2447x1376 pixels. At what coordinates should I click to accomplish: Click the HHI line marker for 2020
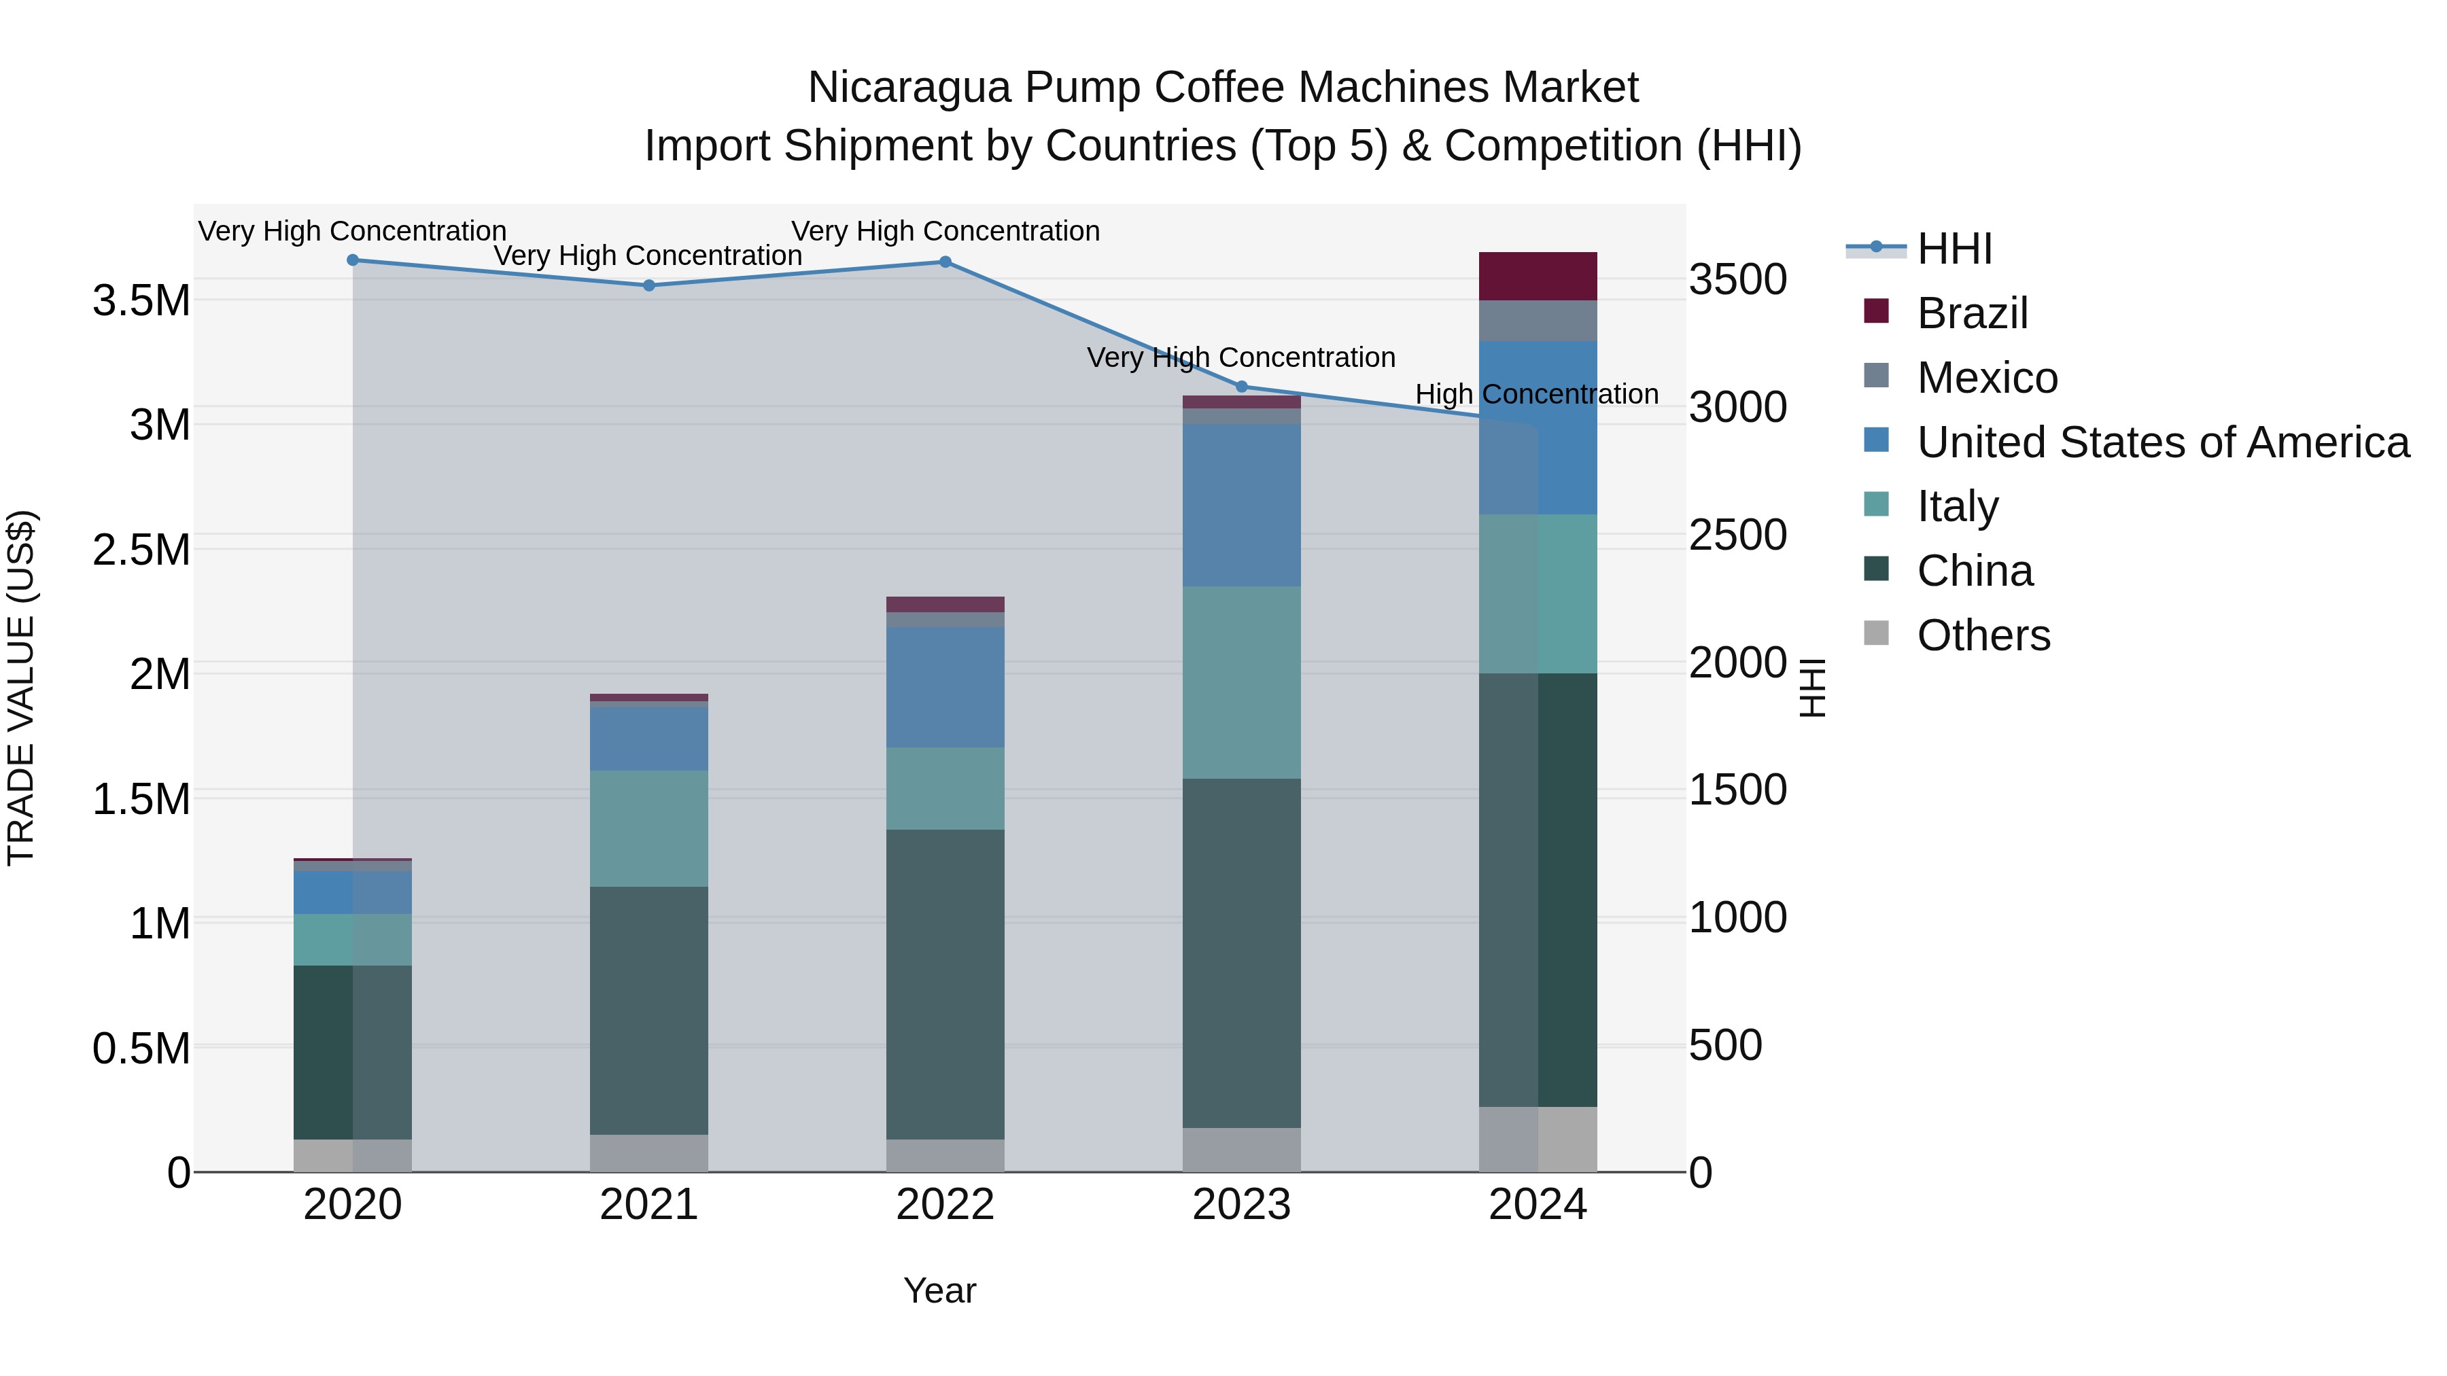click(x=352, y=260)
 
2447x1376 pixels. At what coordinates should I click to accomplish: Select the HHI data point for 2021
click(x=649, y=285)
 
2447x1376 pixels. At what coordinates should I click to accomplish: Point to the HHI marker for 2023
click(x=1242, y=387)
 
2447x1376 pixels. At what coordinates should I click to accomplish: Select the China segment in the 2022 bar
click(x=945, y=984)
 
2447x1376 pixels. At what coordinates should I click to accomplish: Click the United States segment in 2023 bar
click(x=1242, y=504)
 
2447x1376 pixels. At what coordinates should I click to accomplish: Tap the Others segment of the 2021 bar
click(x=649, y=1153)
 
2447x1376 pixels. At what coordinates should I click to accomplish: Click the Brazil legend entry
click(x=1972, y=313)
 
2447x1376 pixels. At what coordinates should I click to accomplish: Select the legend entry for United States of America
click(x=2162, y=442)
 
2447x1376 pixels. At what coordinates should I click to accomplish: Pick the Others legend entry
click(x=1983, y=635)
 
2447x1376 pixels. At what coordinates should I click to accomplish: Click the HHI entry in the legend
click(x=1954, y=249)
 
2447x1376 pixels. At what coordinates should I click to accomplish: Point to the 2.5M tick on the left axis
click(x=141, y=550)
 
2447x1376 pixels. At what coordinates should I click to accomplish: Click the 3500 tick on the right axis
click(x=1737, y=280)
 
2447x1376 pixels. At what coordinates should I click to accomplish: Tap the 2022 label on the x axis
click(x=945, y=1205)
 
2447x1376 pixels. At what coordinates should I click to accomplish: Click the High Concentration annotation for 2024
click(x=1537, y=394)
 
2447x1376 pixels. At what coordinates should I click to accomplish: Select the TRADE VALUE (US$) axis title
click(x=22, y=688)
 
